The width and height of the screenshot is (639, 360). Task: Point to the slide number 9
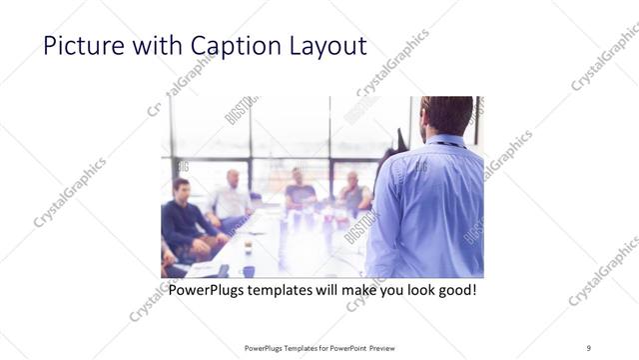pos(589,347)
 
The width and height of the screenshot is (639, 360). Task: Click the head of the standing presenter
pos(446,116)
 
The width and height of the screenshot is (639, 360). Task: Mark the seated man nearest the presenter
pos(354,195)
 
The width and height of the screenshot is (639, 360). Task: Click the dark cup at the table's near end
pos(248,271)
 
